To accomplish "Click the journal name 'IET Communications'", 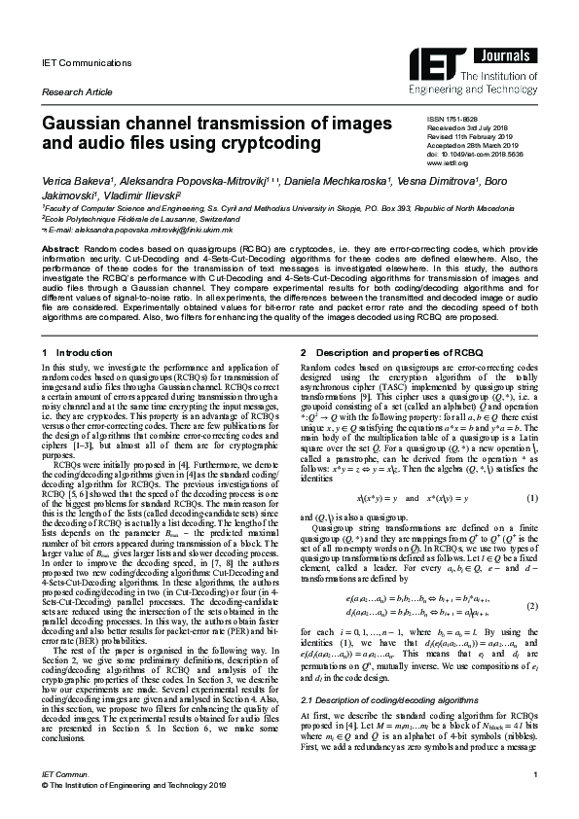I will (73, 62).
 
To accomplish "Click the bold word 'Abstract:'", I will (58, 249).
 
